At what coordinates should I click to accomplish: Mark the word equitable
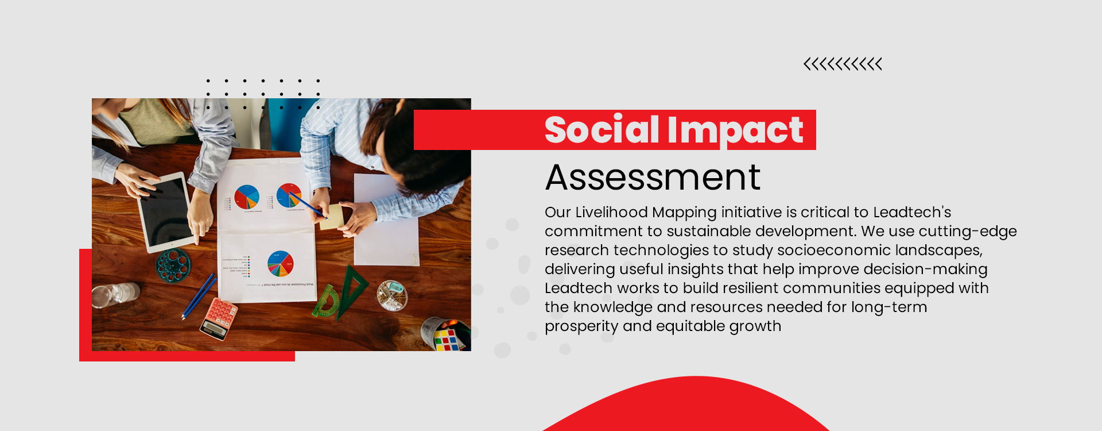690,326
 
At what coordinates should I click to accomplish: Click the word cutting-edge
968,231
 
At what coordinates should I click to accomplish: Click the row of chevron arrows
843,64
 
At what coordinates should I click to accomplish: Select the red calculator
219,318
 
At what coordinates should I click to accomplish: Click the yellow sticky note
331,217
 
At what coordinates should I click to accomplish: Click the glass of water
115,295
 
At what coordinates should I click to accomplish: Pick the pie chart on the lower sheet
280,264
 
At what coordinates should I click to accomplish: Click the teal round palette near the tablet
173,265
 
